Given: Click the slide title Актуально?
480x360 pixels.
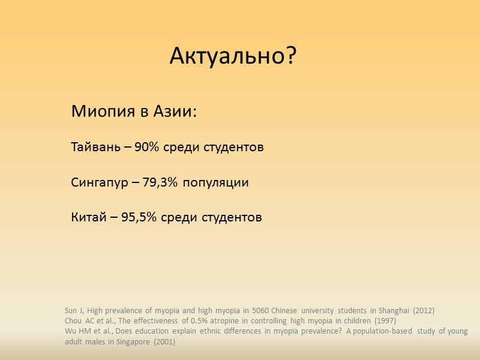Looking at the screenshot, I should (233, 56).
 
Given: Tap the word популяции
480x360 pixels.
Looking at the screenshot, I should (219, 182).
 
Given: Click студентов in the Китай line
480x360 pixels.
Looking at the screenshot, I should (231, 217).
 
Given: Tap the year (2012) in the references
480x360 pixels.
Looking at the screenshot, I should (422, 311).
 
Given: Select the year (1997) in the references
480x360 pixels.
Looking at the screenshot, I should (383, 321).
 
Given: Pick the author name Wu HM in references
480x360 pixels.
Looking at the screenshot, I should (76, 331).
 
